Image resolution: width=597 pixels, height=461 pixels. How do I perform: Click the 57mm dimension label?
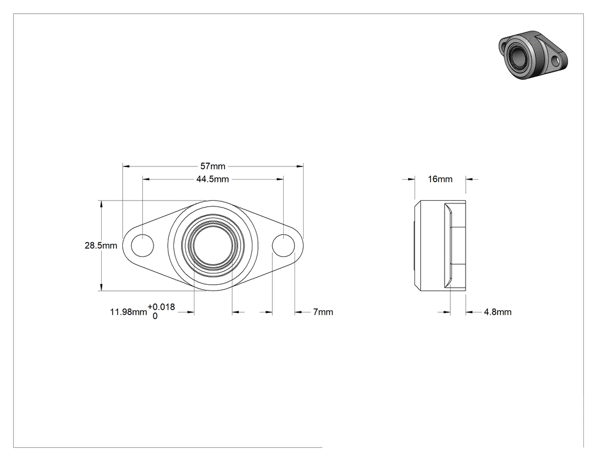click(x=213, y=167)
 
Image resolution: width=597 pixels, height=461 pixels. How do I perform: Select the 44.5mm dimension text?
click(x=213, y=179)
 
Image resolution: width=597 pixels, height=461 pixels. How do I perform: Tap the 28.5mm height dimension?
click(x=101, y=246)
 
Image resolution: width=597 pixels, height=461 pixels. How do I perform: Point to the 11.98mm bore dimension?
click(x=128, y=312)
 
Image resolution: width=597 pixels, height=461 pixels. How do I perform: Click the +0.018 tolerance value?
click(x=161, y=307)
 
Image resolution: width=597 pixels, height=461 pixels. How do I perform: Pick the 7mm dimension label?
click(x=324, y=312)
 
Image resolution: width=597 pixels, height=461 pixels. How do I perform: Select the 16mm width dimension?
click(x=440, y=179)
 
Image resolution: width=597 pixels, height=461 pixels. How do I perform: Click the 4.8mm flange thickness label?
click(x=498, y=312)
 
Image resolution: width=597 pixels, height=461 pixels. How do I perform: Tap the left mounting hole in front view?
click(x=142, y=246)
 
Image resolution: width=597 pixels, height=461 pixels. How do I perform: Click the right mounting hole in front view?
click(x=284, y=246)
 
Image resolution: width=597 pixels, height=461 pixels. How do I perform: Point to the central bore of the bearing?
click(x=213, y=246)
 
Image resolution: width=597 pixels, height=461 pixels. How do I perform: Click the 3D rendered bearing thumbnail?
click(x=533, y=55)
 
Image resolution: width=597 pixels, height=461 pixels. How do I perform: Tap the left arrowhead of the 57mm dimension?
click(x=126, y=167)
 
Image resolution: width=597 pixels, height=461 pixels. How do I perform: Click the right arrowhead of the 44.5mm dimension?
click(x=280, y=179)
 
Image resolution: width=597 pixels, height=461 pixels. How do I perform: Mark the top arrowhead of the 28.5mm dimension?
click(x=101, y=205)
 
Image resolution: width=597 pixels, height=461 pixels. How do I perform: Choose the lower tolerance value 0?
click(x=155, y=316)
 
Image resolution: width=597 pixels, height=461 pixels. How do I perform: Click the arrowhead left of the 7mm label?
click(x=298, y=312)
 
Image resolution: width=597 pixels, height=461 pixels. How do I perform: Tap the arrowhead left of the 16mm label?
click(x=411, y=179)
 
